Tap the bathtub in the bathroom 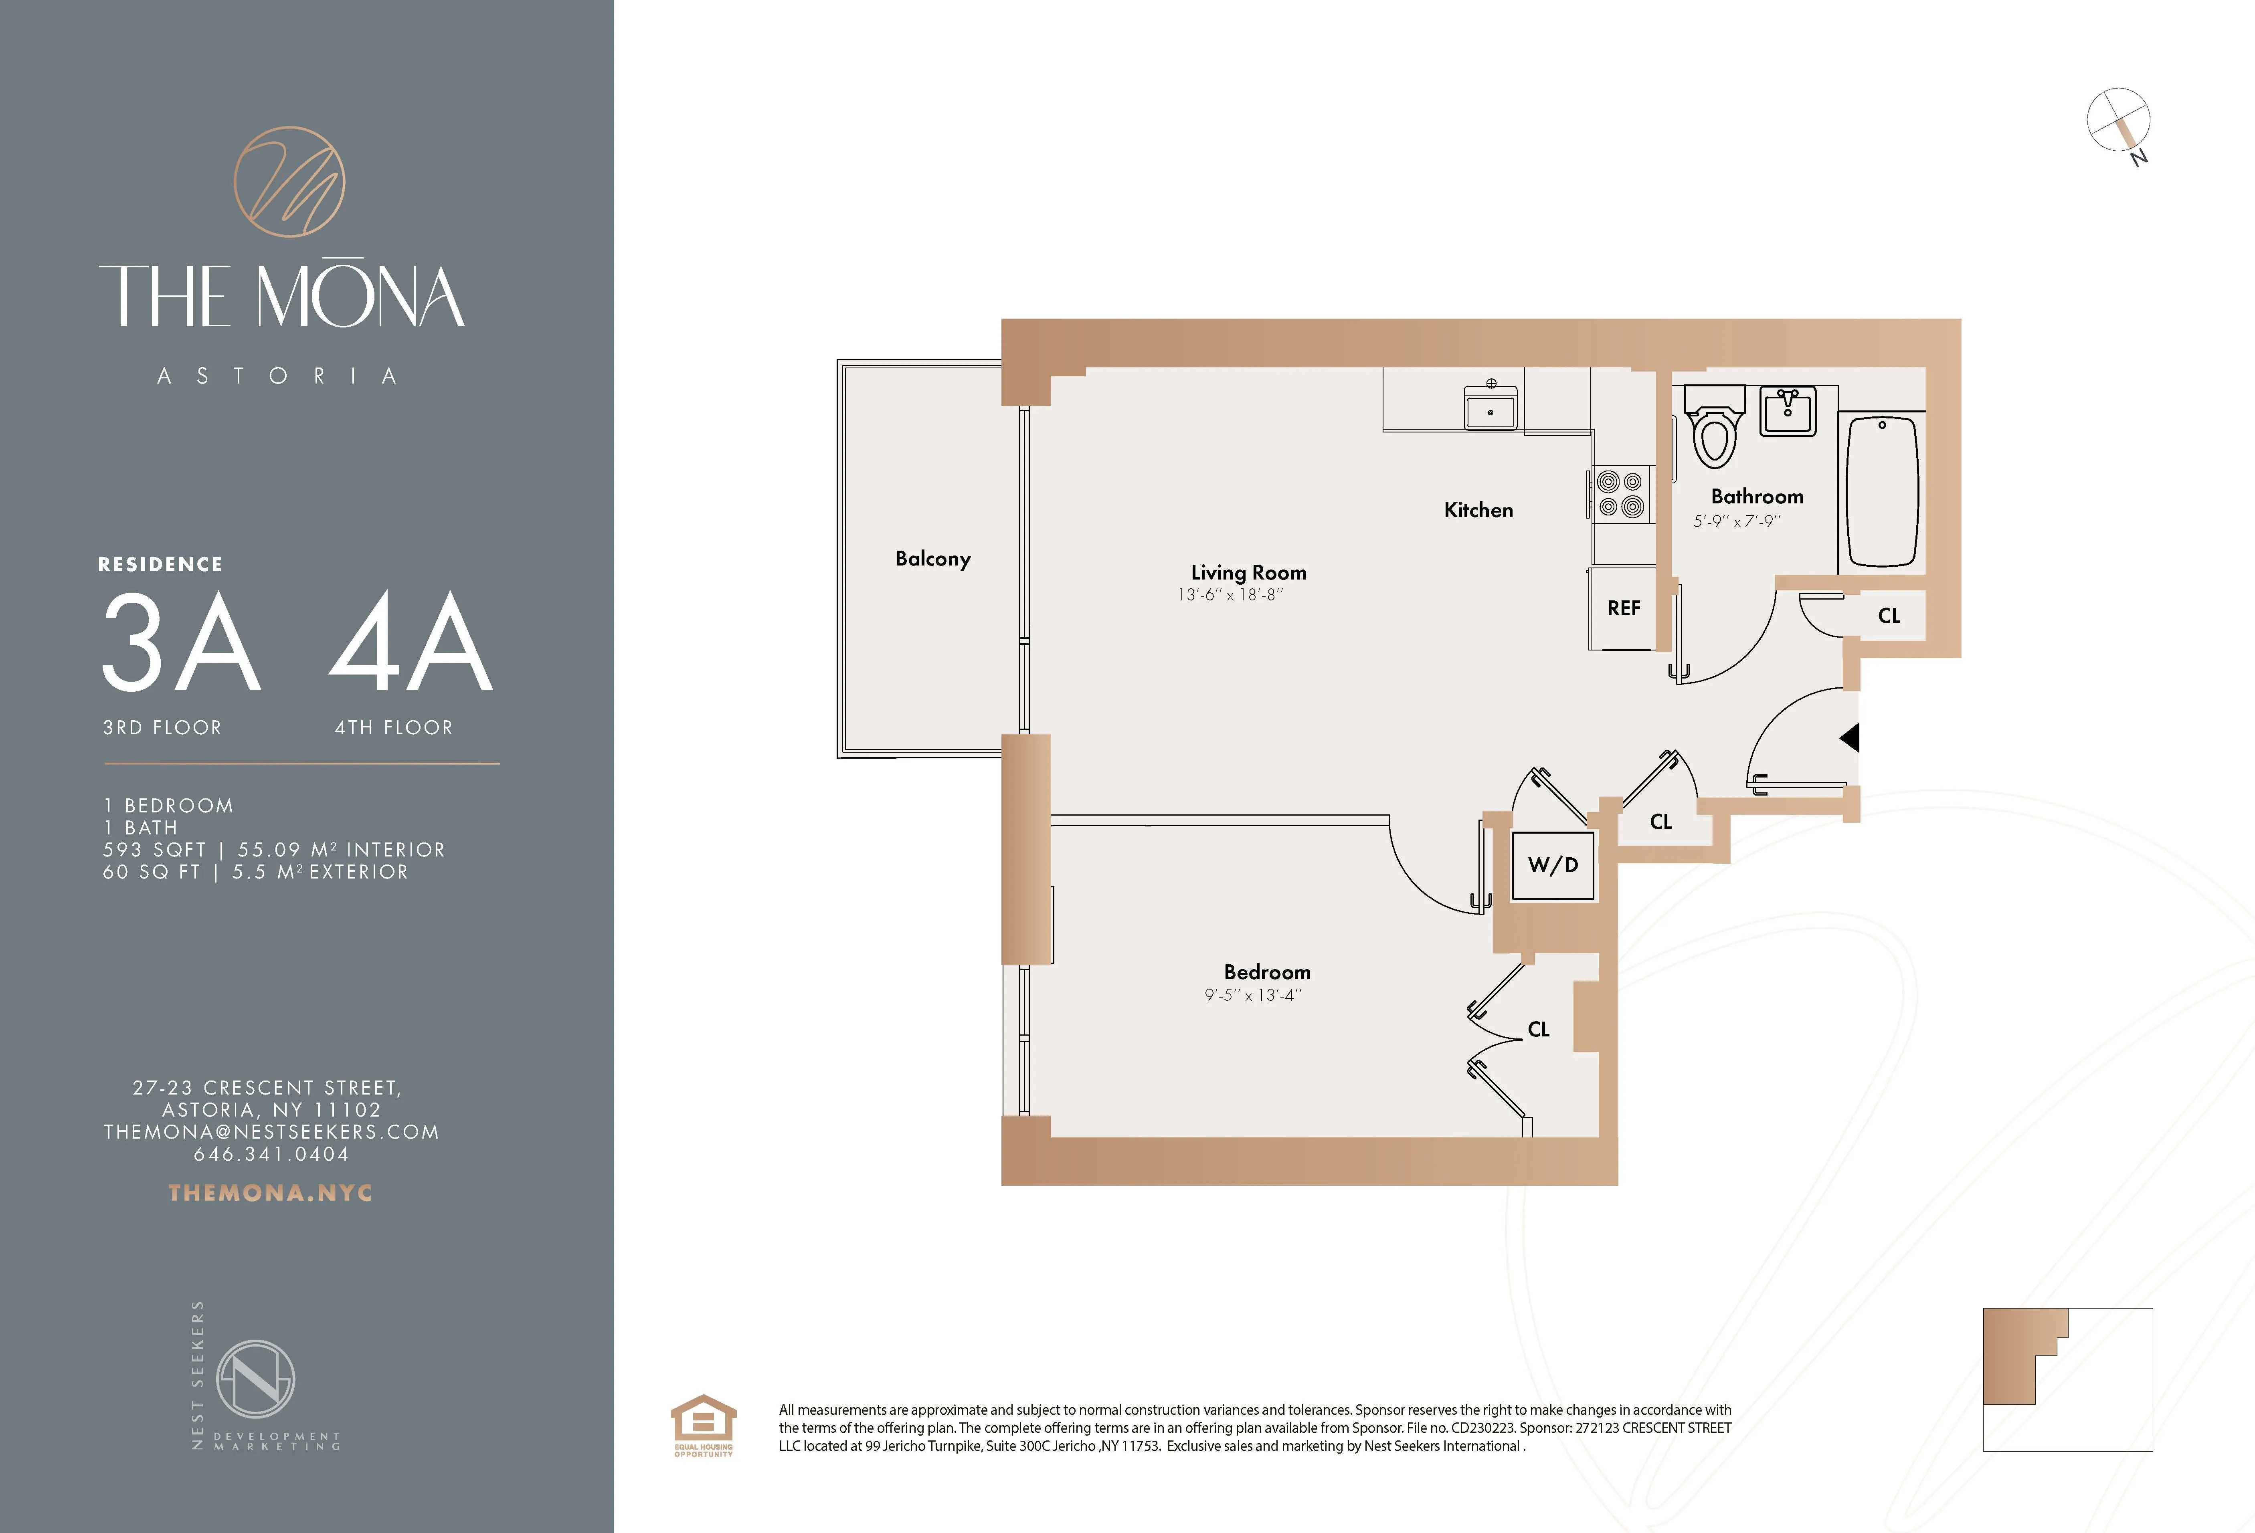tap(1881, 490)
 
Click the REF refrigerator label tap(1623, 608)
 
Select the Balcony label tap(932, 559)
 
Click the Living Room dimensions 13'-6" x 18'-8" tap(1230, 595)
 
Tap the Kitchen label tap(1478, 510)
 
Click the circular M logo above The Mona tap(289, 182)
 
